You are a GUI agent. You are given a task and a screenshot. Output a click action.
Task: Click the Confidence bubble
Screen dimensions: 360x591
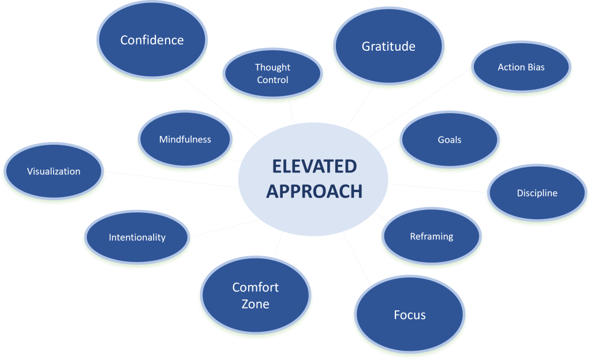pyautogui.click(x=152, y=40)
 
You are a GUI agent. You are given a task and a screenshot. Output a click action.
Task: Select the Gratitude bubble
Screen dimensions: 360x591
pyautogui.click(x=388, y=46)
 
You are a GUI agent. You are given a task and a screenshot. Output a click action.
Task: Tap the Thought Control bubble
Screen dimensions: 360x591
pyautogui.click(x=272, y=74)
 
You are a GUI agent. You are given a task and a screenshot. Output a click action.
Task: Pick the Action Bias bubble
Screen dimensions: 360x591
pyautogui.click(x=521, y=67)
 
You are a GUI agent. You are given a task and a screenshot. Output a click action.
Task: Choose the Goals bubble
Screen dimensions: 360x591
pyautogui.click(x=450, y=140)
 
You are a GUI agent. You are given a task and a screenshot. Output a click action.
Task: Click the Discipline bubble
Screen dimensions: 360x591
pyautogui.click(x=537, y=193)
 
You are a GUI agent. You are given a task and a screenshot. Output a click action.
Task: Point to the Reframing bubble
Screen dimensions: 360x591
pyautogui.click(x=431, y=237)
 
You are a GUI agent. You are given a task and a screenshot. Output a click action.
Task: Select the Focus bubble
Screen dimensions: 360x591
pyautogui.click(x=410, y=315)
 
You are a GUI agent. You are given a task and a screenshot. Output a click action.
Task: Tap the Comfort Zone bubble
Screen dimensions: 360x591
pyautogui.click(x=255, y=295)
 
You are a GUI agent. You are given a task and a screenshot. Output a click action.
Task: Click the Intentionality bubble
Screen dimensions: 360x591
pyautogui.click(x=137, y=237)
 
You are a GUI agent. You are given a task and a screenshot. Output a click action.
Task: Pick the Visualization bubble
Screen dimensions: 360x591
pyautogui.click(x=54, y=171)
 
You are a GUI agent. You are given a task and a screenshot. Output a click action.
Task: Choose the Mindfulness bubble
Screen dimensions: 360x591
pyautogui.click(x=185, y=140)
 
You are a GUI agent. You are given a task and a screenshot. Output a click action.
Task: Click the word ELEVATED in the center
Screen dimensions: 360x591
pyautogui.click(x=314, y=167)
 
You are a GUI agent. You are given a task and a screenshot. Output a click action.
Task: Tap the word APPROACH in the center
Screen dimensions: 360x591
pyautogui.click(x=314, y=192)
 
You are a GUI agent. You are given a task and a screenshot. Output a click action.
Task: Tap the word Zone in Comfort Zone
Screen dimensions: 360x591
pyautogui.click(x=255, y=303)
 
